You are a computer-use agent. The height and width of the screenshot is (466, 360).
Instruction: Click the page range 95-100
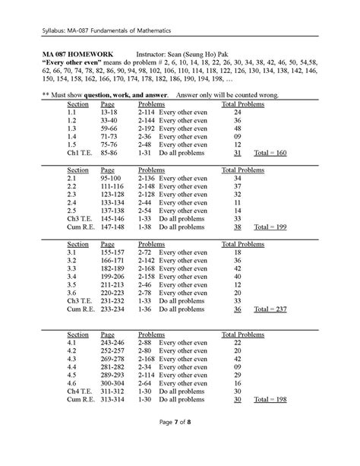[x=112, y=177]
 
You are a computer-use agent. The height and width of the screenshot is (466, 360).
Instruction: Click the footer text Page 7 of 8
[x=179, y=442]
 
